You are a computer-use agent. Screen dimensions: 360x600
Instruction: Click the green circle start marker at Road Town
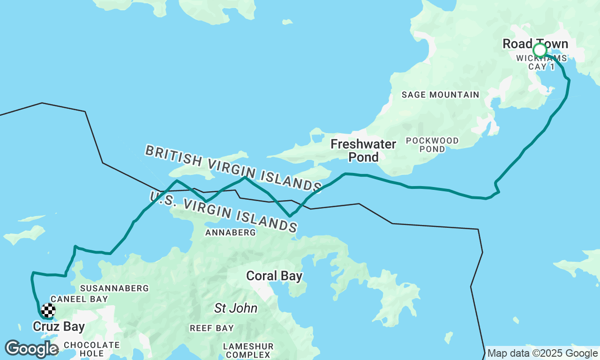[x=540, y=50]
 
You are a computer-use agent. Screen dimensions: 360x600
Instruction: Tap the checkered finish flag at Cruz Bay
[x=48, y=310]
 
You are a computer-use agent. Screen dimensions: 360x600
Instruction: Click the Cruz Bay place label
[x=59, y=326]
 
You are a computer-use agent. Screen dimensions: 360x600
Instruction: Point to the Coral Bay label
[x=274, y=276]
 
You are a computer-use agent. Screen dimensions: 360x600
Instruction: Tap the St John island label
[x=236, y=308]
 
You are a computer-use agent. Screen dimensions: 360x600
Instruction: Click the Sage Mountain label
[x=440, y=95]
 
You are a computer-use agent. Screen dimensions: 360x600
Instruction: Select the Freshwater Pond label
[x=363, y=150]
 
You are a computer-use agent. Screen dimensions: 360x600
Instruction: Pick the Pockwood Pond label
[x=432, y=145]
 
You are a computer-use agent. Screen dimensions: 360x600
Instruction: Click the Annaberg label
[x=231, y=232]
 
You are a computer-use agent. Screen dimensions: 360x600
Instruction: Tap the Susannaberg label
[x=114, y=288]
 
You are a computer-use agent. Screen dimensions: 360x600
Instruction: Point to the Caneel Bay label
[x=79, y=299]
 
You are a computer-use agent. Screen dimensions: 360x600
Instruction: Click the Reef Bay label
[x=211, y=328]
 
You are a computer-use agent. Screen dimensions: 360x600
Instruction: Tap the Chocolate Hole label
[x=91, y=349]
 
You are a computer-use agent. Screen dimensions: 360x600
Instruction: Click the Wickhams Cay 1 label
[x=541, y=62]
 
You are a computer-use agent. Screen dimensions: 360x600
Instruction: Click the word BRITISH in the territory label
[x=173, y=156]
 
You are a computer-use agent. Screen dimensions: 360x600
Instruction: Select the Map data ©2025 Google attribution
[x=542, y=353]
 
